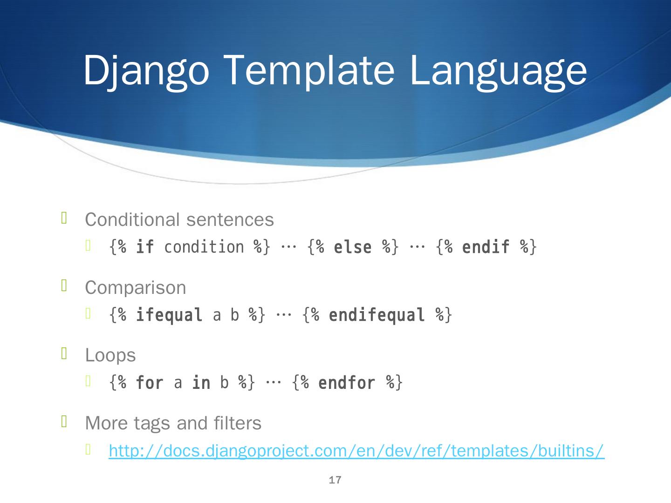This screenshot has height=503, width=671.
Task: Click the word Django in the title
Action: pyautogui.click(x=146, y=72)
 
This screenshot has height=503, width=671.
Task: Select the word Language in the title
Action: pyautogui.click(x=499, y=72)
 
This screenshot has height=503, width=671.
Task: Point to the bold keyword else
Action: pyautogui.click(x=353, y=247)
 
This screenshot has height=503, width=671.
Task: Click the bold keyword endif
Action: pyautogui.click(x=486, y=247)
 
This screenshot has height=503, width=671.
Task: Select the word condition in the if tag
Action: pyautogui.click(x=204, y=247)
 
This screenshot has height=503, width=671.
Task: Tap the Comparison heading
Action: pyautogui.click(x=136, y=288)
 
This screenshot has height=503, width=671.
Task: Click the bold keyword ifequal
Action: pyautogui.click(x=169, y=315)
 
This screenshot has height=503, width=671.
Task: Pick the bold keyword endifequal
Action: pyautogui.click(x=377, y=315)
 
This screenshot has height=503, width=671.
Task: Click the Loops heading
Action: pyautogui.click(x=110, y=355)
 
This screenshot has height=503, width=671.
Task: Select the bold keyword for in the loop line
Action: pyautogui.click(x=150, y=383)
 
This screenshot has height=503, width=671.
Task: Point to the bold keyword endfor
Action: pyautogui.click(x=347, y=383)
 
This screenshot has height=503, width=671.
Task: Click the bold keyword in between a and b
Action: pyautogui.click(x=201, y=383)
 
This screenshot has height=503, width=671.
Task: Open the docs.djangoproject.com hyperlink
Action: pyautogui.click(x=357, y=451)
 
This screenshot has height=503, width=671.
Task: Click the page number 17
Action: pyautogui.click(x=335, y=480)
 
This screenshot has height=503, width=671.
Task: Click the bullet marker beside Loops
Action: pyautogui.click(x=64, y=353)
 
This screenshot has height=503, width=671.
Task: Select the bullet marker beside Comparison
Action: pyautogui.click(x=64, y=285)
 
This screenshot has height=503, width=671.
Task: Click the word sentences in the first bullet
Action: pyautogui.click(x=230, y=219)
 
